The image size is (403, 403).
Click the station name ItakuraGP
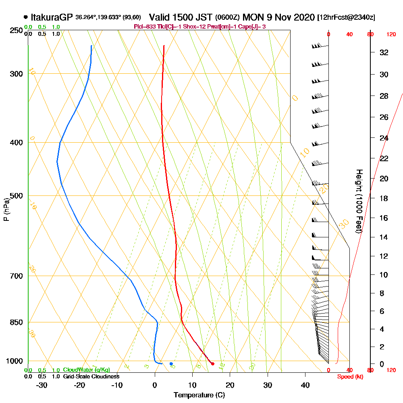[51, 18]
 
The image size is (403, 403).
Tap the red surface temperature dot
[213, 364]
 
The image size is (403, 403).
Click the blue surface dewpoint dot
[171, 364]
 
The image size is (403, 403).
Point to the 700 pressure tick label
[17, 276]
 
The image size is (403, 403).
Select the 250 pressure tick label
[17, 31]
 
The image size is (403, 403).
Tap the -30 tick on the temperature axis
[42, 385]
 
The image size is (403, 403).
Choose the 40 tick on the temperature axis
[305, 385]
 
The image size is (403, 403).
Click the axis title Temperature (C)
[199, 395]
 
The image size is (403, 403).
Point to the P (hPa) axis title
[6, 210]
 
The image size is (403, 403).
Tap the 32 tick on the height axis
[384, 52]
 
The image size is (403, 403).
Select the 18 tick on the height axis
[384, 198]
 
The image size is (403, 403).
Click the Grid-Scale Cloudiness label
[91, 376]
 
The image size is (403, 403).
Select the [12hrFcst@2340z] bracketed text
[347, 18]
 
